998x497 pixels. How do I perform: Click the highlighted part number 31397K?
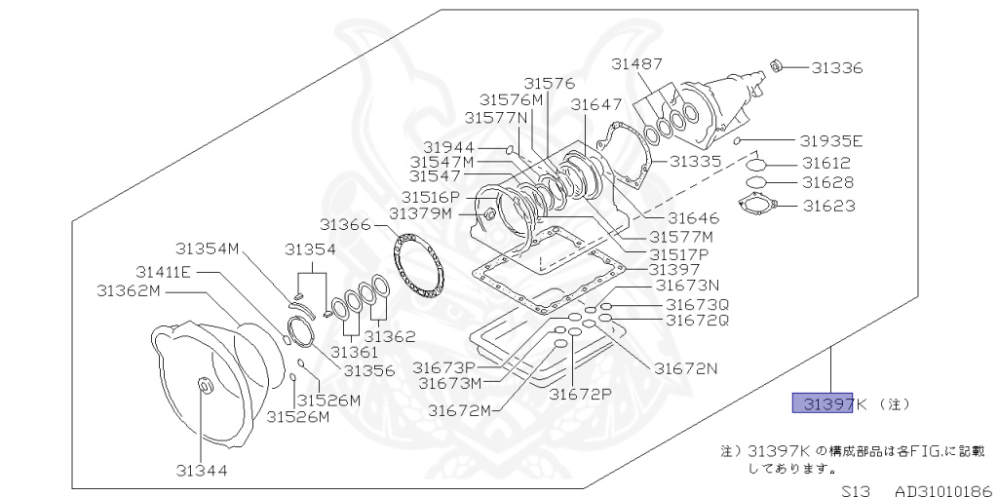tap(824, 403)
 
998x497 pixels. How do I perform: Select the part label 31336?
tap(837, 68)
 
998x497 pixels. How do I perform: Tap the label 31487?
tap(637, 64)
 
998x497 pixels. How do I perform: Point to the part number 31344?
tap(202, 470)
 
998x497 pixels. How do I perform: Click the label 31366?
tap(346, 225)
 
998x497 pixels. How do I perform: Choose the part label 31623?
tap(828, 206)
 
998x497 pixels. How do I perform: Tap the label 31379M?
tap(421, 213)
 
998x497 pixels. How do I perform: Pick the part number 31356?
tap(368, 370)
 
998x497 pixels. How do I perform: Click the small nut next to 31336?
tap(777, 65)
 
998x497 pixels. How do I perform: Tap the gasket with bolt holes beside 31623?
tap(756, 205)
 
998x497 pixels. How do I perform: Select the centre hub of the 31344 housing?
tap(204, 387)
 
